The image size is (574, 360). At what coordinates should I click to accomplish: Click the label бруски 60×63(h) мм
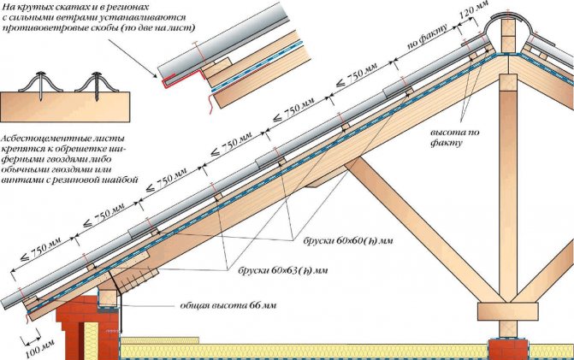(x=279, y=269)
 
